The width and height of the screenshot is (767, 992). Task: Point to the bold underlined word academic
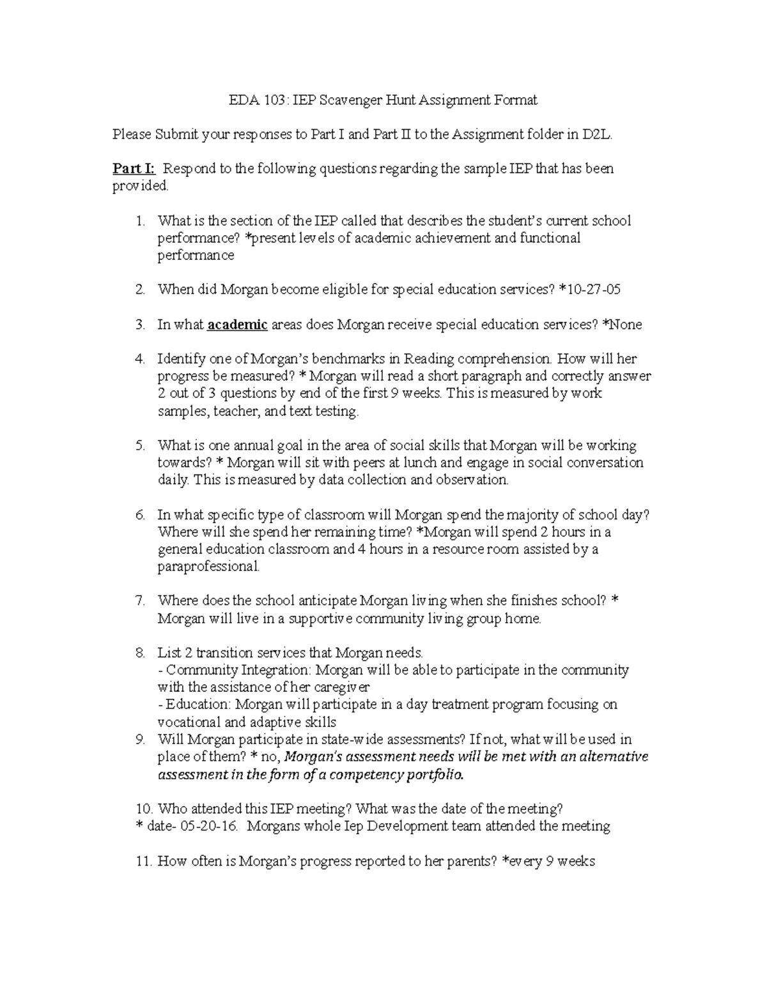tap(238, 324)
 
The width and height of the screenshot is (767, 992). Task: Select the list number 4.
tap(140, 359)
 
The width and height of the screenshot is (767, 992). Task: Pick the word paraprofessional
tap(208, 567)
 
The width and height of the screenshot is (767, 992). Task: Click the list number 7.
tap(140, 600)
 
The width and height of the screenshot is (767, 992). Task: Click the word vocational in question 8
tap(187, 722)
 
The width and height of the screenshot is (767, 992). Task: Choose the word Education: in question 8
tap(198, 705)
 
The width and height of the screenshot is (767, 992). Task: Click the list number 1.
tap(140, 221)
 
